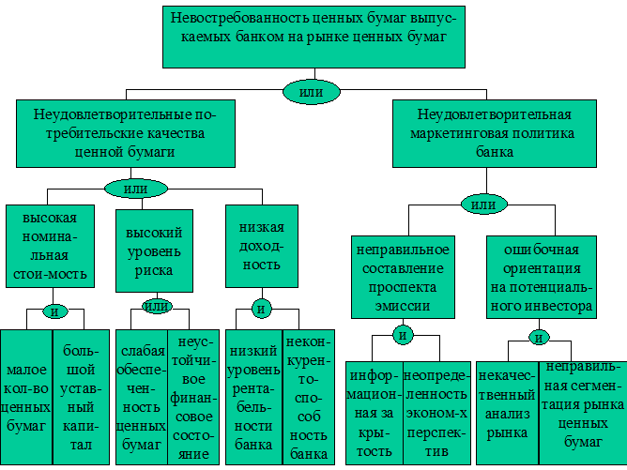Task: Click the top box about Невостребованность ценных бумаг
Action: point(313,37)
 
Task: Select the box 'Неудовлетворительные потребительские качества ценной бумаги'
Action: point(126,133)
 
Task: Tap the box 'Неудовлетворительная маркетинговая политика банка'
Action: point(495,133)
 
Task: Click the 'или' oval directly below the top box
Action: point(312,92)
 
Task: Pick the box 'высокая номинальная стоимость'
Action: point(50,246)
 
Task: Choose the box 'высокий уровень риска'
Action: point(154,250)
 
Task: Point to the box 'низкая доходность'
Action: point(262,246)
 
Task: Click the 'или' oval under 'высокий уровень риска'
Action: point(157,306)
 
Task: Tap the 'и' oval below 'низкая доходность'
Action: point(262,309)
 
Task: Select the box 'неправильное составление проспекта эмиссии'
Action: point(403,278)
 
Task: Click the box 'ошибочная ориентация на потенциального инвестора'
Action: point(542,278)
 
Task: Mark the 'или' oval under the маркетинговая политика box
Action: point(484,205)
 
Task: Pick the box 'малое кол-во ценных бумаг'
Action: point(26,397)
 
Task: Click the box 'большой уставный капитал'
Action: point(81,397)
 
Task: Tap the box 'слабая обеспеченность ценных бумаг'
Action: point(142,397)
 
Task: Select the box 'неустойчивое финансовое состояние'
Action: point(193,397)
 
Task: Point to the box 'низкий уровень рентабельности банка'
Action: point(254,397)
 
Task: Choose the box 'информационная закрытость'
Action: point(375,414)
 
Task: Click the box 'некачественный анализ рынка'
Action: point(507,414)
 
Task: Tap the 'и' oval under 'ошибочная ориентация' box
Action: point(539,338)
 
